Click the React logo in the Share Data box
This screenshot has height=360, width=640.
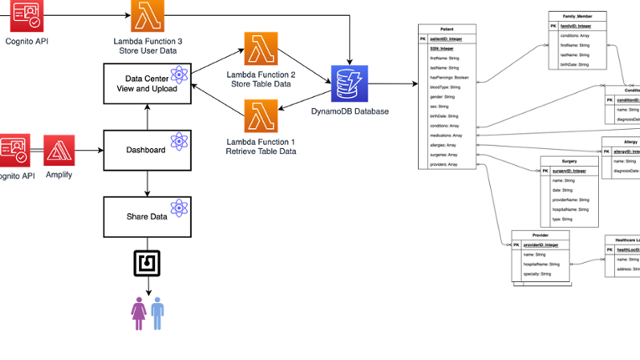coord(177,208)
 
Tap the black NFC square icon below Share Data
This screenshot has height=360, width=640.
coord(148,263)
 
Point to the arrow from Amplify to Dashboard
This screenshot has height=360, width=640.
coord(88,151)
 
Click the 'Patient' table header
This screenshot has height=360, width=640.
coord(446,29)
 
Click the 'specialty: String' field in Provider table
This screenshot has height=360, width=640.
coord(537,274)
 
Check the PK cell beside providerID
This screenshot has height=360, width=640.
coord(517,244)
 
